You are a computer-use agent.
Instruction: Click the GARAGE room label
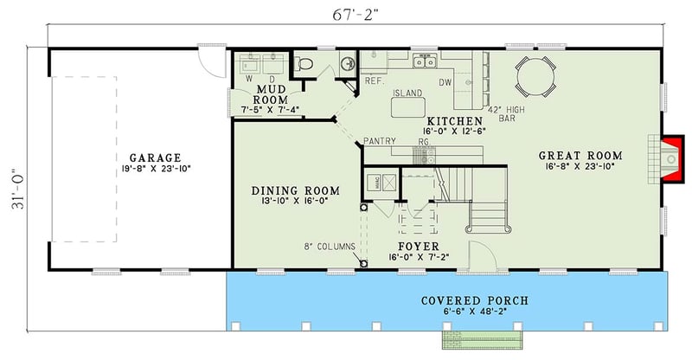(155, 157)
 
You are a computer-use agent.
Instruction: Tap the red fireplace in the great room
(669, 157)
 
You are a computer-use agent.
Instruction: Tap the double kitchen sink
(425, 61)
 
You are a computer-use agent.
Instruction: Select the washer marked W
(251, 66)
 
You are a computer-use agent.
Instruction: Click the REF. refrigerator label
(374, 81)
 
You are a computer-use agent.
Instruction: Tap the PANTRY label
(379, 140)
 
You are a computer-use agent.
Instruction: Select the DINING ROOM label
(295, 190)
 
